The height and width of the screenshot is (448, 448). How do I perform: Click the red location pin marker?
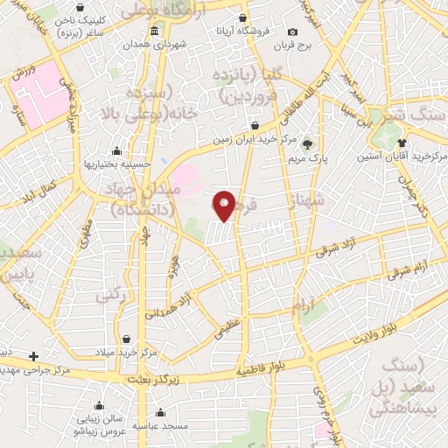225,206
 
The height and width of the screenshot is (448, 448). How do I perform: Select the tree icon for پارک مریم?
308,145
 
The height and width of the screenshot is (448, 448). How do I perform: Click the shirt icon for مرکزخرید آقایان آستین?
402,143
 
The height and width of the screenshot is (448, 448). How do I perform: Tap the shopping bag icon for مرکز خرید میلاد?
128,339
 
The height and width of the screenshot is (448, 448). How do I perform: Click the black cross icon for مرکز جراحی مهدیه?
33,356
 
